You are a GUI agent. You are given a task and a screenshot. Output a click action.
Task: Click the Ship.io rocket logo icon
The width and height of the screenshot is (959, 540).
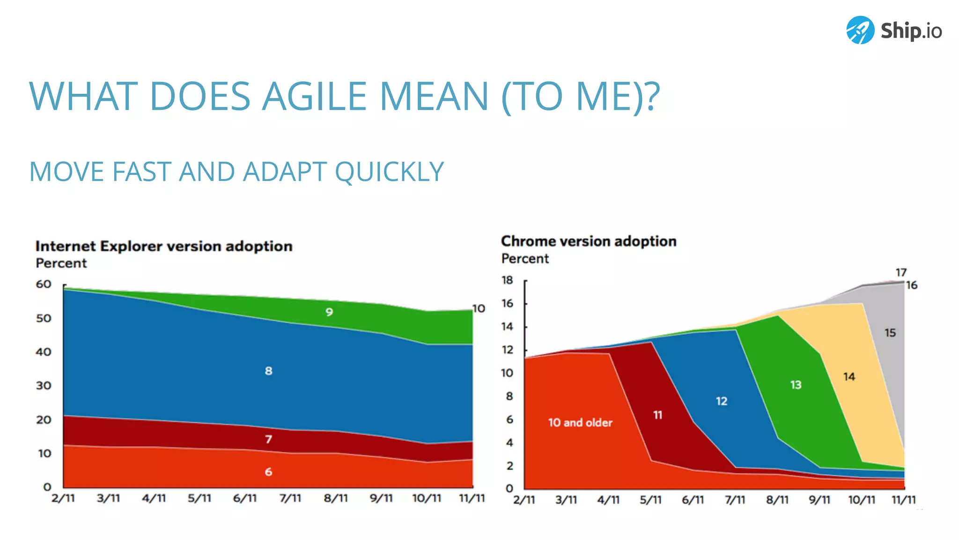(860, 30)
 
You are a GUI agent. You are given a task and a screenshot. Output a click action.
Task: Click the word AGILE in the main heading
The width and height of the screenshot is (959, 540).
(314, 97)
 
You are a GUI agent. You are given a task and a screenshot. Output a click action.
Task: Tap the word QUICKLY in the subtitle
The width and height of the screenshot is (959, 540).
(389, 172)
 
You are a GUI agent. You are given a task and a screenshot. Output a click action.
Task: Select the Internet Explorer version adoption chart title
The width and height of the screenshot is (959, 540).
(164, 246)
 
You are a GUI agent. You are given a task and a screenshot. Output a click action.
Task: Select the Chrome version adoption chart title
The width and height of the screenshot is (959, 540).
(589, 241)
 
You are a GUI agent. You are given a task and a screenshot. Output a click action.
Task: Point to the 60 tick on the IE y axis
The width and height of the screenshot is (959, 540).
(44, 284)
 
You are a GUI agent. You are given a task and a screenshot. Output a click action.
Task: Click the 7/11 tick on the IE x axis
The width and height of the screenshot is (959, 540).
(290, 498)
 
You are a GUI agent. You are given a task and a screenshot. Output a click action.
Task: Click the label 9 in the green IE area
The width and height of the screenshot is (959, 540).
(329, 312)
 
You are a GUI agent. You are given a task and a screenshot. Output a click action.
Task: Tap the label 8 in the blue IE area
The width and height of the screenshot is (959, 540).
(268, 371)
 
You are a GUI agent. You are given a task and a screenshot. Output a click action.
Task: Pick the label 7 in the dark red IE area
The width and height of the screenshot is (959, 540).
(268, 439)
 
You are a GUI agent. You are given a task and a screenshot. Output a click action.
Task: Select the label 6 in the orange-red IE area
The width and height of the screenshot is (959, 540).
(268, 472)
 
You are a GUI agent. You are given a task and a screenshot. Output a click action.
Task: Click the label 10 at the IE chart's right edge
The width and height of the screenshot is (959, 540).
(479, 308)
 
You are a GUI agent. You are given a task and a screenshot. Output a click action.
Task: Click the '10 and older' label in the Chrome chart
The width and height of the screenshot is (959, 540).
(580, 423)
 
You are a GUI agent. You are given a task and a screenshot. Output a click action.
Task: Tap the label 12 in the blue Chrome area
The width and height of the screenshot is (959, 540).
(722, 401)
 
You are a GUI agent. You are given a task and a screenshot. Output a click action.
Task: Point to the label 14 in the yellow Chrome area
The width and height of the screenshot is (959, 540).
(849, 377)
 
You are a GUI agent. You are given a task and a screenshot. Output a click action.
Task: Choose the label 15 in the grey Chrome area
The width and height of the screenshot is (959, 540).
(890, 333)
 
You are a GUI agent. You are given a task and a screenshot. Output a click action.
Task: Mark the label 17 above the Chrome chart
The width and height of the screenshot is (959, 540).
(901, 272)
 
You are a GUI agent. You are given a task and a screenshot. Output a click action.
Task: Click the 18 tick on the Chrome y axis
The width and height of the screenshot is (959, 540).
(507, 280)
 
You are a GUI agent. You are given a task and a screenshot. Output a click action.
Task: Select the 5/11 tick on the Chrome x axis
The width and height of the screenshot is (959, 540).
(650, 500)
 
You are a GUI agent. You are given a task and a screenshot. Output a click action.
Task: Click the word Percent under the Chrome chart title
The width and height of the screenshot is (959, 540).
(525, 259)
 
